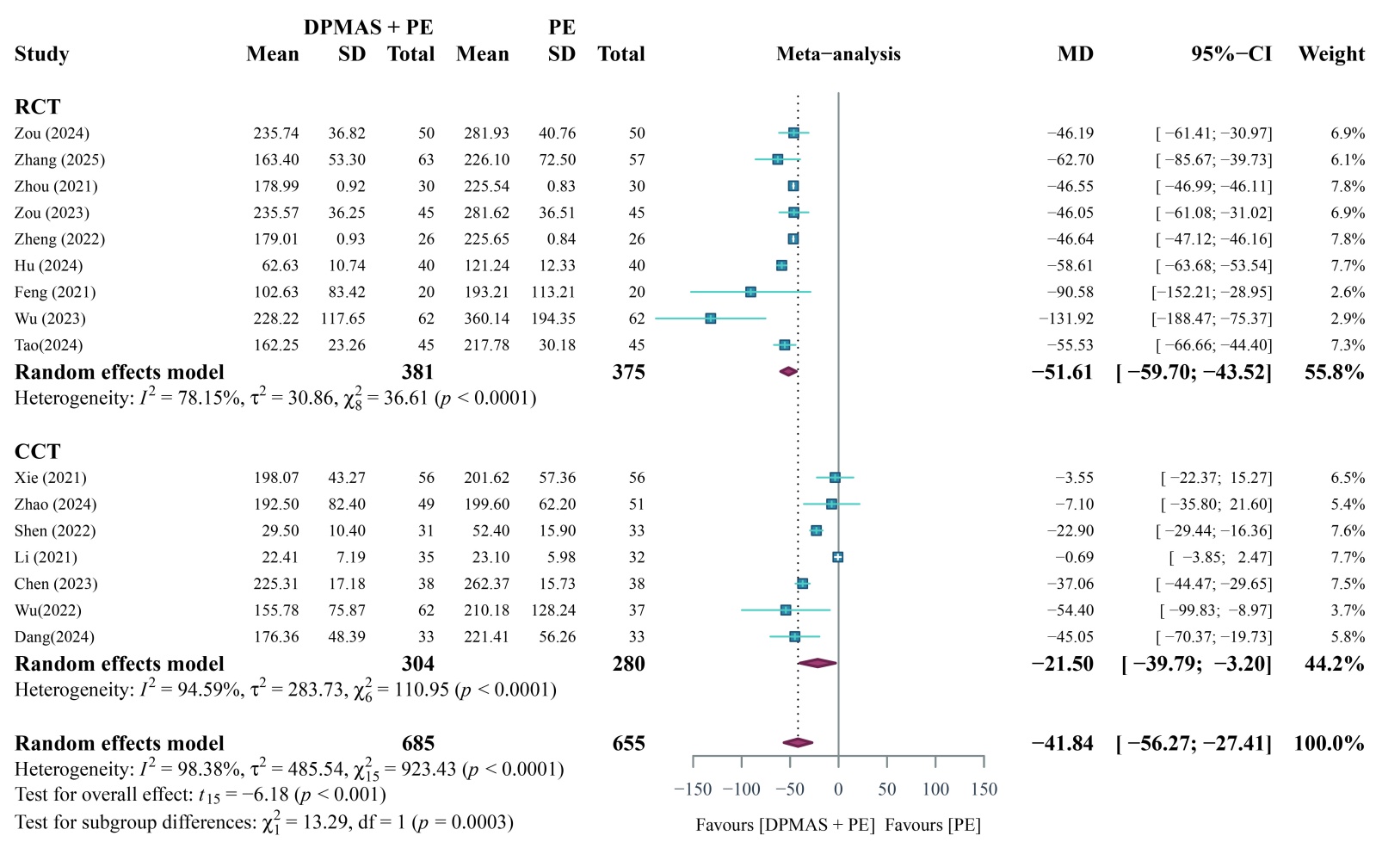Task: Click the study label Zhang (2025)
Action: tap(59, 160)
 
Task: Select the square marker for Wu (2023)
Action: tap(710, 319)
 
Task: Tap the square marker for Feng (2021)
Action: tap(750, 293)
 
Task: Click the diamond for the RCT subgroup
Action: tap(788, 372)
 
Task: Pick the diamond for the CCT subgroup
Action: tap(817, 663)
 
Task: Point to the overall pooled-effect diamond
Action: tap(798, 743)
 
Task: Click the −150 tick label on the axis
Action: tap(693, 789)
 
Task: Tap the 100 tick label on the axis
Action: tap(935, 789)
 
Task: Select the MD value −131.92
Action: tap(1066, 319)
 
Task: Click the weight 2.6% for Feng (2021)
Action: tap(1347, 293)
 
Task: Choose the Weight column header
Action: tap(1331, 54)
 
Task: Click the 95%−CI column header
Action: tap(1231, 54)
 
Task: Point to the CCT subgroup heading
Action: tap(38, 452)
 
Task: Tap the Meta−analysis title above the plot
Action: tap(838, 54)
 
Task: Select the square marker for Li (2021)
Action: tap(837, 557)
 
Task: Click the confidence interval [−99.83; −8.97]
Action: tap(1215, 610)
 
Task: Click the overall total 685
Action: tap(417, 744)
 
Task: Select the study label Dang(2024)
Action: tap(54, 637)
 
